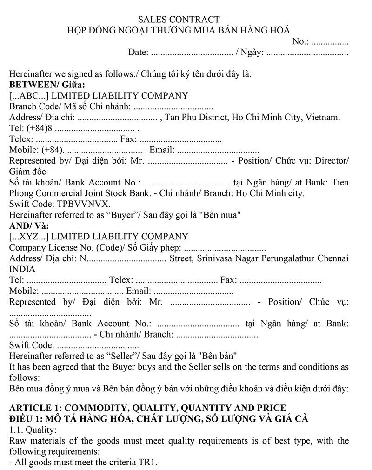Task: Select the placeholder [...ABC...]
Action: (x=29, y=96)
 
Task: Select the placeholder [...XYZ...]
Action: (x=29, y=237)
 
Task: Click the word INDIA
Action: (x=22, y=269)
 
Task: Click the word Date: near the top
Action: (x=138, y=52)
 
